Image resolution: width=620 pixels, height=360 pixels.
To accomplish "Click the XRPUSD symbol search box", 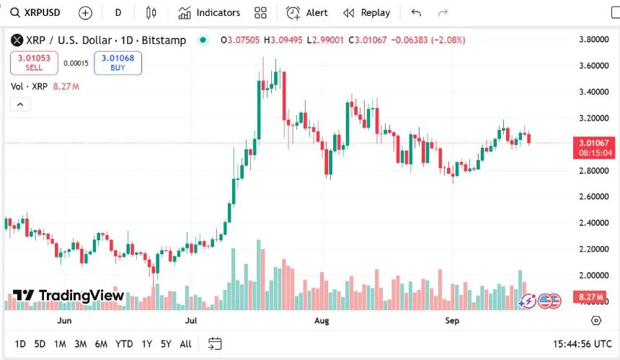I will [x=36, y=12].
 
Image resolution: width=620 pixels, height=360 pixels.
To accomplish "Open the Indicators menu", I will [x=210, y=12].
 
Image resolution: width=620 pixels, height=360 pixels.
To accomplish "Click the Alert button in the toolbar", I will [x=307, y=12].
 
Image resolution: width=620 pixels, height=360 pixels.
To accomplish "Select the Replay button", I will [x=367, y=12].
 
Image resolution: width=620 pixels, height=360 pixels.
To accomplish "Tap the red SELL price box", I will [x=34, y=63].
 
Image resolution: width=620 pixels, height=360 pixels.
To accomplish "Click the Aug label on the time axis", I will [x=322, y=320].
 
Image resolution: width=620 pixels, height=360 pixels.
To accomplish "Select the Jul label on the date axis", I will [x=191, y=320].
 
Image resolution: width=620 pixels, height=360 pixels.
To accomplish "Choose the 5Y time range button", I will [x=166, y=343].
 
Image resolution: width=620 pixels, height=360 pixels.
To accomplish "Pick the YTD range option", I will [x=124, y=343].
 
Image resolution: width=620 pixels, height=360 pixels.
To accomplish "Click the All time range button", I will [x=185, y=343].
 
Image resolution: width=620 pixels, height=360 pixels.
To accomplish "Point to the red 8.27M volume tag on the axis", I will [x=590, y=297].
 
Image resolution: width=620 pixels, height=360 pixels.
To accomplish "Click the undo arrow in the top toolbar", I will [x=416, y=12].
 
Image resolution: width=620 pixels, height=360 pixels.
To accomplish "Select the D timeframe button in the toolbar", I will [x=118, y=12].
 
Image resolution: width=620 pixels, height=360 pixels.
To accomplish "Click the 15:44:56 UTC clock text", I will [x=582, y=343].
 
